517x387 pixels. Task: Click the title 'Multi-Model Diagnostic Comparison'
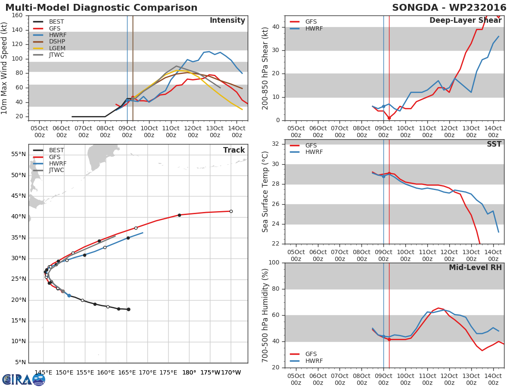(x=101, y=8)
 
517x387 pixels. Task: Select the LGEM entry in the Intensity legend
(x=56, y=48)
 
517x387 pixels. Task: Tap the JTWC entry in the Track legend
(x=56, y=170)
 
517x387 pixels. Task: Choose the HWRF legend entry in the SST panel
(x=314, y=152)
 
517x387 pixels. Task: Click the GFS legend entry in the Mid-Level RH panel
(x=314, y=354)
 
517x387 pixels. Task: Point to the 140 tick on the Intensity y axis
(x=17, y=30)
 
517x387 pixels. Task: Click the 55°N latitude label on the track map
(x=18, y=154)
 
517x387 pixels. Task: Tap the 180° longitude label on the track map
(x=189, y=372)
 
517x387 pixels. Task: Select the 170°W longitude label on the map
(x=231, y=372)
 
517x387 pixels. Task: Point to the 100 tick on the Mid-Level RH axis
(x=273, y=263)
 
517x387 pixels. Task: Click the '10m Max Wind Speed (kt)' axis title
(x=5, y=68)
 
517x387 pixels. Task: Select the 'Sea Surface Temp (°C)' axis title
(x=265, y=192)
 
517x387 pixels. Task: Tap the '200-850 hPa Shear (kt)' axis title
(x=265, y=68)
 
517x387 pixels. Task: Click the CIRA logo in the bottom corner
(x=24, y=379)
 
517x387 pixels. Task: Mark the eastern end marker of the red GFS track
(x=231, y=211)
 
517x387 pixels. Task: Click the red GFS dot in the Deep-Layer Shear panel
(x=389, y=118)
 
